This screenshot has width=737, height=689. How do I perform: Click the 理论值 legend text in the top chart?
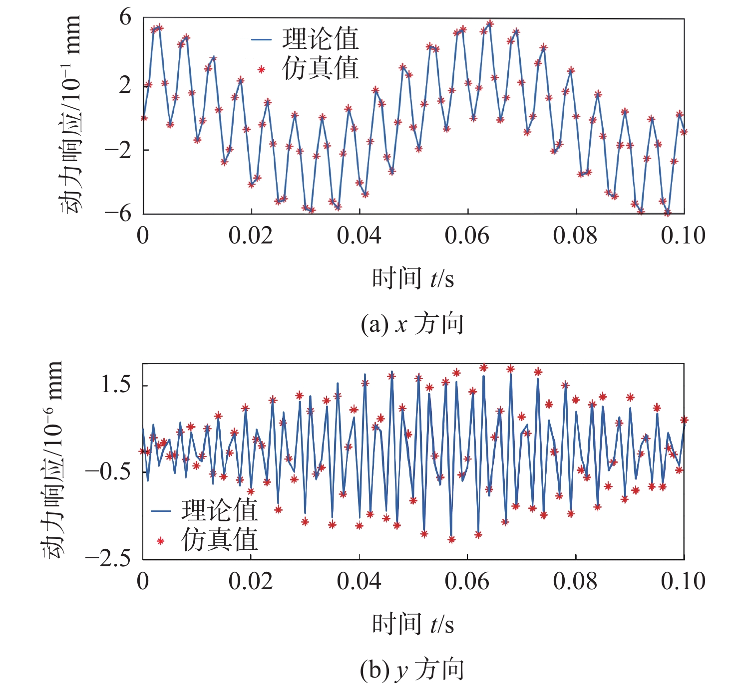coord(320,39)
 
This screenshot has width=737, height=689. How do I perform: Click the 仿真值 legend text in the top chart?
coord(320,68)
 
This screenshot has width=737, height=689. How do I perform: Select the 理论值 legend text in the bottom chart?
coord(219,510)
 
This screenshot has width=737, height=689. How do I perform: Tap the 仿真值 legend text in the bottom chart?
coord(219,540)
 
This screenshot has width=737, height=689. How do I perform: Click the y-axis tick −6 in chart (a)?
coord(118,213)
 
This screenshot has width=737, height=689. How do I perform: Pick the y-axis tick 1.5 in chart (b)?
coord(116,385)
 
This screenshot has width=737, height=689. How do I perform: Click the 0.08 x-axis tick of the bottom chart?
coord(575,581)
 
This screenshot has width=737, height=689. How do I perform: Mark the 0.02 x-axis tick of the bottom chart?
coord(251,581)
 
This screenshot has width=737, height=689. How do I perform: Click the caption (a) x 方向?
coord(412,324)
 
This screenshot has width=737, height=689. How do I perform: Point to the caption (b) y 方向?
coord(412,670)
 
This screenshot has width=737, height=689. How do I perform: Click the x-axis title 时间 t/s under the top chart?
coord(413,278)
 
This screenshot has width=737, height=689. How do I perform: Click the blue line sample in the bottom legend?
coord(161,511)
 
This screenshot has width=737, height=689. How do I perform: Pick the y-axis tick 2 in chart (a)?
coord(125,85)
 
